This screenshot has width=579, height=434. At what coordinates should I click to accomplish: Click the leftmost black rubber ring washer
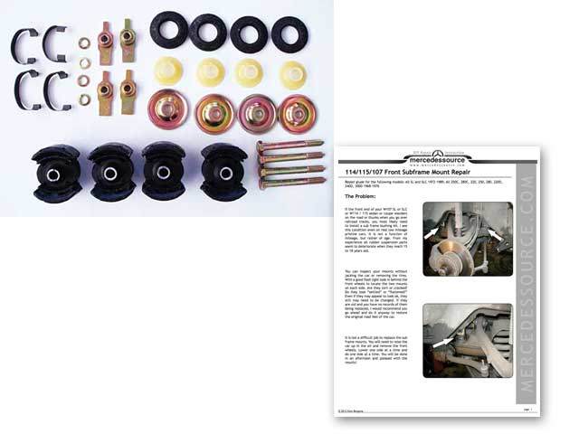168,30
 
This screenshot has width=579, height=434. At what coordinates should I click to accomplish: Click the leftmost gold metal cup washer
169,108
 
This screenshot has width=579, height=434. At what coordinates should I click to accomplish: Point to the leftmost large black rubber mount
56,169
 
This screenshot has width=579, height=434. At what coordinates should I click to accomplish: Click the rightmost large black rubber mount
224,169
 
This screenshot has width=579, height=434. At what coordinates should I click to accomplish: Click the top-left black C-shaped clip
26,46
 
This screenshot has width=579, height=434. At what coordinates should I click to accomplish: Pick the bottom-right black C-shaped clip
61,90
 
